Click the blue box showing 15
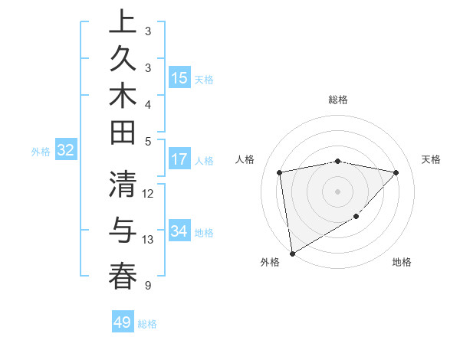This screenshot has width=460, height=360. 179,78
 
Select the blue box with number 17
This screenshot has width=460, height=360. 179,160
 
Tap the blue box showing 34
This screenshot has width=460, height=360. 179,231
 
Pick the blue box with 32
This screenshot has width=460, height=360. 65,150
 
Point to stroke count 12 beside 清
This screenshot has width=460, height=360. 148,193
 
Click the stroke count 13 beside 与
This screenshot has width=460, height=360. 148,240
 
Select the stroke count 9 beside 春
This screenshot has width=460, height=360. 147,286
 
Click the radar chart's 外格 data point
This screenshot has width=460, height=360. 292,253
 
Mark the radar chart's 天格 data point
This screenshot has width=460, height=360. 396,172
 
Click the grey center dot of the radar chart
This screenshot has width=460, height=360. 337,191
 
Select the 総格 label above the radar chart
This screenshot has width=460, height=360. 338,100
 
